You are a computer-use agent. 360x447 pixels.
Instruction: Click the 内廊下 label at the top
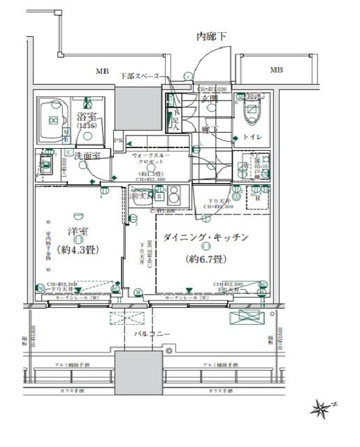click(212, 36)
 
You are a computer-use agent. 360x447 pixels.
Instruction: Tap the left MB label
click(102, 71)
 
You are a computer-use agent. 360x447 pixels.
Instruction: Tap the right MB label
click(277, 70)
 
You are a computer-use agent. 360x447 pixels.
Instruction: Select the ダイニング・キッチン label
click(206, 237)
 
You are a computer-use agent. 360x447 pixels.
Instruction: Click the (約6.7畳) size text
click(206, 259)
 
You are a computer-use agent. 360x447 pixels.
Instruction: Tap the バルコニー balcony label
click(153, 335)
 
